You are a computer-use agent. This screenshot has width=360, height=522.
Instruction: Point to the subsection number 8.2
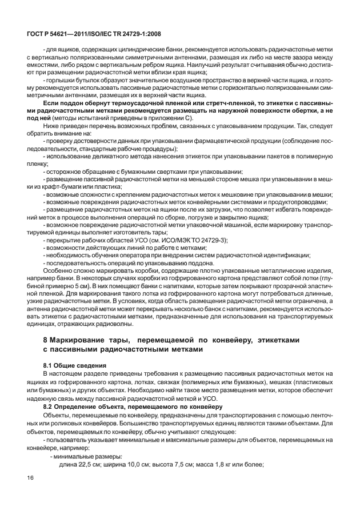click(50, 405)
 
